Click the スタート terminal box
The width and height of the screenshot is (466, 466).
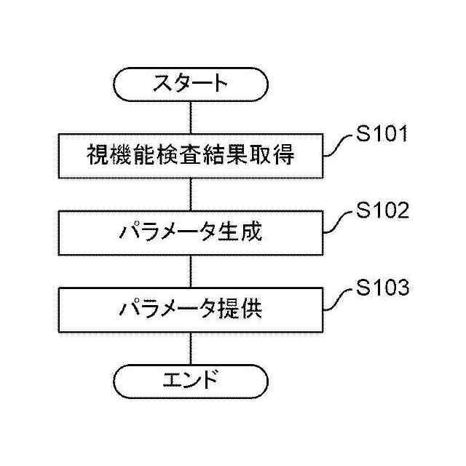pyautogui.click(x=191, y=84)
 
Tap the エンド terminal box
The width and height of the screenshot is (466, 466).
pyautogui.click(x=191, y=380)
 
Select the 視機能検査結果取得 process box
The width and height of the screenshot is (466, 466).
pyautogui.click(x=191, y=156)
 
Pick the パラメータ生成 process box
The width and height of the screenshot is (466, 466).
pyautogui.click(x=191, y=233)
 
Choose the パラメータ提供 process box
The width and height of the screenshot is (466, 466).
pyautogui.click(x=191, y=311)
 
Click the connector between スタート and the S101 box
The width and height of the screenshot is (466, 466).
pyautogui.click(x=191, y=118)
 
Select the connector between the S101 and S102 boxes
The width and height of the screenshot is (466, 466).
pyautogui.click(x=191, y=194)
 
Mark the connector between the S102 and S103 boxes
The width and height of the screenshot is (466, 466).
pyautogui.click(x=191, y=272)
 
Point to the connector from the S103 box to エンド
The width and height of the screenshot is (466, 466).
pyautogui.click(x=191, y=348)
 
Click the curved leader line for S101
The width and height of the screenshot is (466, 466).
pyautogui.click(x=337, y=146)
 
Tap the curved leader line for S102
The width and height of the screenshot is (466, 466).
pyautogui.click(x=337, y=223)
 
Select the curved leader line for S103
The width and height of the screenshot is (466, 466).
pyautogui.click(x=337, y=300)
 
